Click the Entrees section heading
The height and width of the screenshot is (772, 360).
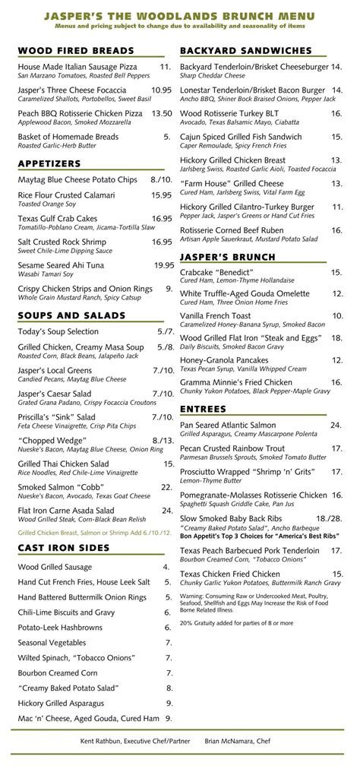tap(203, 409)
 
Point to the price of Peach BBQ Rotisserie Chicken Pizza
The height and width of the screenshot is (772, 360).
tap(162, 113)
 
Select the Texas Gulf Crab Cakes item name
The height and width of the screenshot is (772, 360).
tap(58, 219)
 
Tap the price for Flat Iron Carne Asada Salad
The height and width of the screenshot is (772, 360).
tap(167, 511)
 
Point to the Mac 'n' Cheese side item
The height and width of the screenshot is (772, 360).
tap(88, 718)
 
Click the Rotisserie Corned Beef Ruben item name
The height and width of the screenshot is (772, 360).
tap(232, 230)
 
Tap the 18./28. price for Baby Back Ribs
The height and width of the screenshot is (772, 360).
tap(328, 518)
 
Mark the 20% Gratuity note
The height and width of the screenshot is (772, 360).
tap(236, 623)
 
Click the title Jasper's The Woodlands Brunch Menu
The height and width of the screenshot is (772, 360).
tap(179, 15)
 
